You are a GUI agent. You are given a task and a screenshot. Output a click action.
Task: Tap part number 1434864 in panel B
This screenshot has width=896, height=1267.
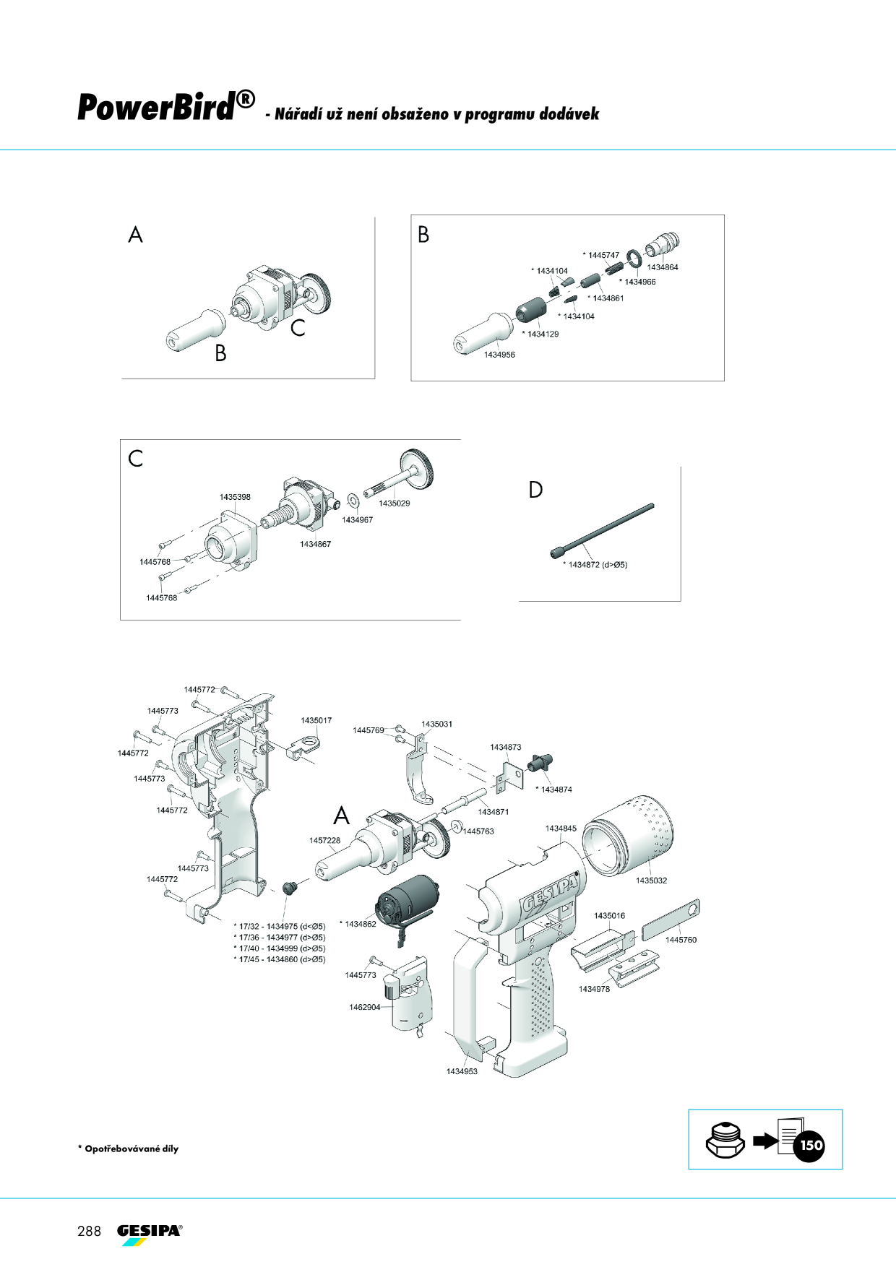(x=663, y=267)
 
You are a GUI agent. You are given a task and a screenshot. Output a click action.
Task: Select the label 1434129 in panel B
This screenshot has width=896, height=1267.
(x=543, y=334)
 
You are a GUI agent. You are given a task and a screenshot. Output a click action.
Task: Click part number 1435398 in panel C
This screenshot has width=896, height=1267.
(x=235, y=497)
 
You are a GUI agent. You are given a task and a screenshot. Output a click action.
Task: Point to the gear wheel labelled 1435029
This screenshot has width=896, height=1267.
(x=416, y=468)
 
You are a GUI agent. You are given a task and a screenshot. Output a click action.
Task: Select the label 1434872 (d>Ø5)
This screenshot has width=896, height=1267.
(x=598, y=565)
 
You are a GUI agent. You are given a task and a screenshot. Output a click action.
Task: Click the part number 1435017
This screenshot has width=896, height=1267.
(x=316, y=720)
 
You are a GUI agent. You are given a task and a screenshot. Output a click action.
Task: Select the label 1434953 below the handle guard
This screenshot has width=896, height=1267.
(x=462, y=1071)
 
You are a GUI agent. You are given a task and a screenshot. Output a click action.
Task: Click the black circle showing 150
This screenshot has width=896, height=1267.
(x=810, y=1145)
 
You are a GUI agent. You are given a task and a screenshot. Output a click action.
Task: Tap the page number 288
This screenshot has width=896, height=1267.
(x=90, y=1231)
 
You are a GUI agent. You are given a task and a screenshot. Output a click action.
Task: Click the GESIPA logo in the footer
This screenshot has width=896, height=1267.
(x=150, y=1234)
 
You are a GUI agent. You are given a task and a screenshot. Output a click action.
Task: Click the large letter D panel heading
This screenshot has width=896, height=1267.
(x=535, y=490)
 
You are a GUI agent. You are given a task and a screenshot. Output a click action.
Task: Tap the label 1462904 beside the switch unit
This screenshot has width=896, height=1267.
(x=364, y=1007)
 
